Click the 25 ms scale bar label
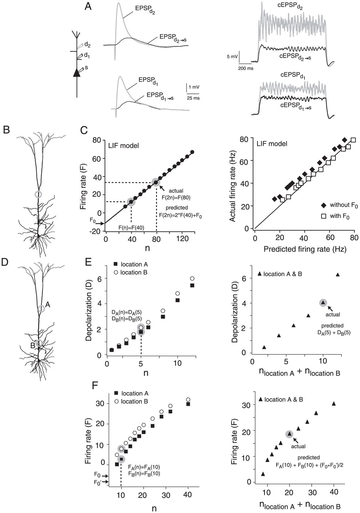point(193,98)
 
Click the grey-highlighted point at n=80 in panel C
point(156,182)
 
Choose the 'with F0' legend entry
point(336,216)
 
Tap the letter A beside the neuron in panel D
point(48,305)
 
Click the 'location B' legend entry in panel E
point(131,272)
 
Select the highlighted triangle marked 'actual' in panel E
point(323,303)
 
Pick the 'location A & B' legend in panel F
point(280,399)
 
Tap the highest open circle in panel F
point(188,400)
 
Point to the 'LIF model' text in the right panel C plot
point(272,144)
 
